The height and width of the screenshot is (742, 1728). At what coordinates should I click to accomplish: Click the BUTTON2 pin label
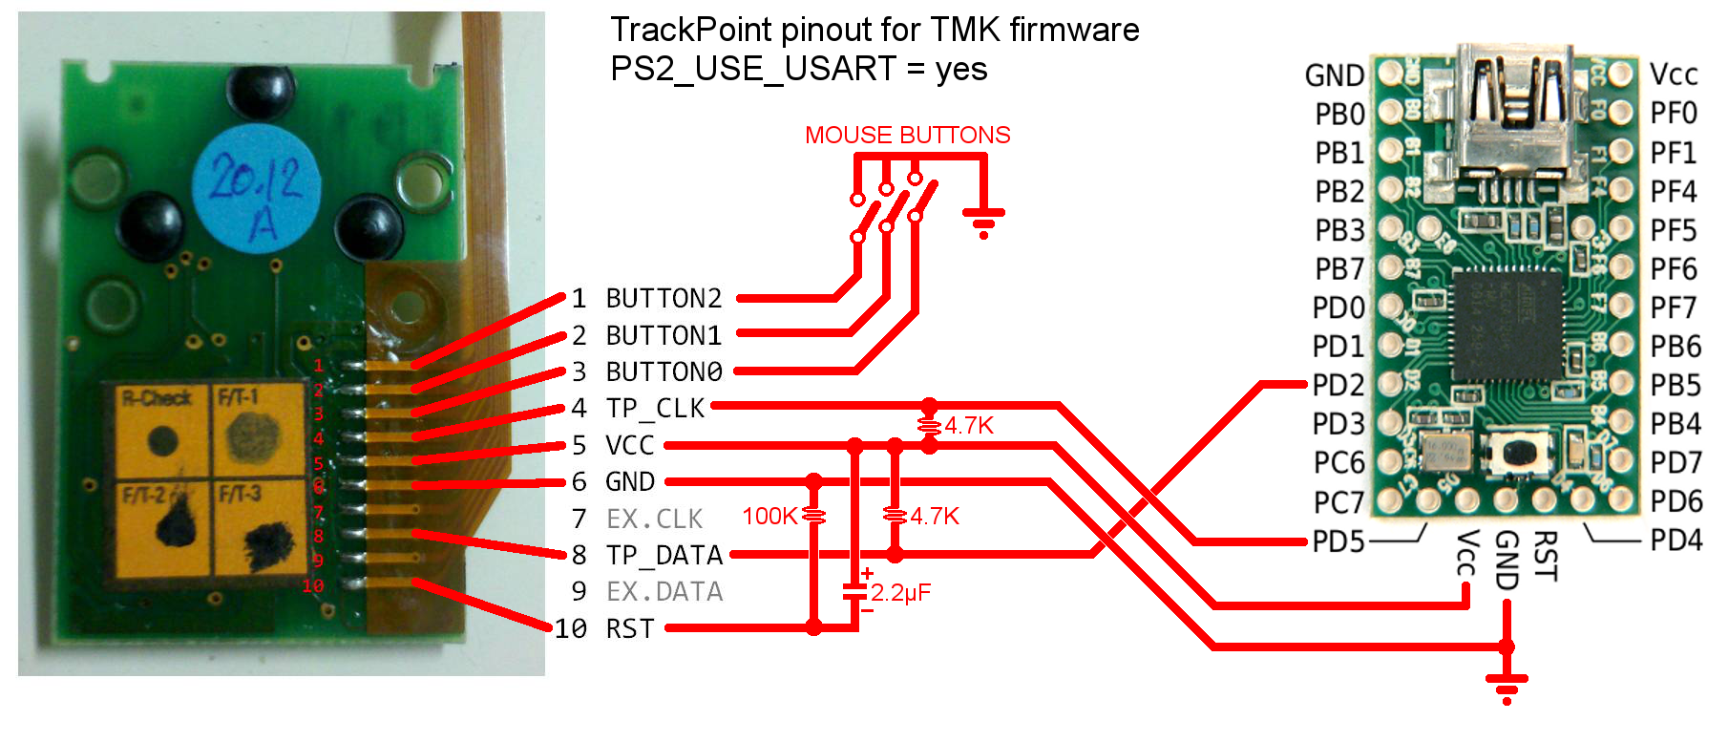click(664, 299)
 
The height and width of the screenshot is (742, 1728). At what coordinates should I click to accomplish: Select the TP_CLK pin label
click(655, 409)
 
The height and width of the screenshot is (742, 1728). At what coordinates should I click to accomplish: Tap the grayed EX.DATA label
click(664, 592)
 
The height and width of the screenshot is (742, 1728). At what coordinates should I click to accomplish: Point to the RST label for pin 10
click(630, 629)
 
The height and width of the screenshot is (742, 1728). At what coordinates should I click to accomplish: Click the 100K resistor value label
click(769, 517)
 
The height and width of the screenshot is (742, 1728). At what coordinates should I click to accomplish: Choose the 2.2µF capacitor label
click(900, 593)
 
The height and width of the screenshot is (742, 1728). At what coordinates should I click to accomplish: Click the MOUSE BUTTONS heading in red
click(907, 135)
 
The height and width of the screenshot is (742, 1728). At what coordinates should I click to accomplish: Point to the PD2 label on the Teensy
click(1338, 385)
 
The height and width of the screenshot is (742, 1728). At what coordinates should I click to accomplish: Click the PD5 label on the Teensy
click(1338, 541)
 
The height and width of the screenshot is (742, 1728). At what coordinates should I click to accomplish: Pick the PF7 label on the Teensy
click(1674, 307)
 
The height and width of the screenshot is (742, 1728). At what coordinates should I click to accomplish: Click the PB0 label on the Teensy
click(1338, 115)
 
